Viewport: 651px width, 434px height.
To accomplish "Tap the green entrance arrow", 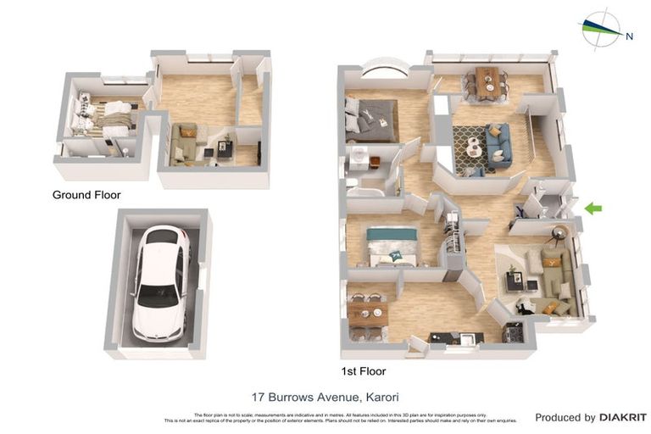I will [595, 208].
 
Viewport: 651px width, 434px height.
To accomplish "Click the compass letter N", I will [629, 36].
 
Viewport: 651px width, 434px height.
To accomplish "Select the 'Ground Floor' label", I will [86, 195].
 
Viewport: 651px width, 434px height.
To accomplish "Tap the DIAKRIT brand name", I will [623, 417].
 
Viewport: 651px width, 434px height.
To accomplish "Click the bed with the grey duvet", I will [371, 120].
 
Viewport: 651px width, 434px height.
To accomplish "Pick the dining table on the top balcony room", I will [487, 82].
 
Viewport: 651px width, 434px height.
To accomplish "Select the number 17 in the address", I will [259, 396].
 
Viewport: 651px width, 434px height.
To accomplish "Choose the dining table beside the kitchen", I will [367, 314].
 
